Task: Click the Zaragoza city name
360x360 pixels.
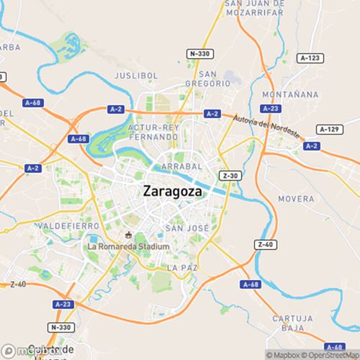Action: [172, 192]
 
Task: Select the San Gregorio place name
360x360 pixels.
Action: [215, 78]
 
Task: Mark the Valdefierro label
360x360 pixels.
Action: [44, 225]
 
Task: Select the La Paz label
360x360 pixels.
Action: [181, 267]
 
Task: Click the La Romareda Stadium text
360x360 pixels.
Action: [128, 246]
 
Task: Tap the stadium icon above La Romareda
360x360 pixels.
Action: [128, 235]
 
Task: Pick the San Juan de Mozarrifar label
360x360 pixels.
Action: [261, 7]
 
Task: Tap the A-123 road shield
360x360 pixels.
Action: [310, 58]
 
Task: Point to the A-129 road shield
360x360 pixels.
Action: [328, 129]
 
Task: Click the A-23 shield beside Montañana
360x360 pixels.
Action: [271, 108]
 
